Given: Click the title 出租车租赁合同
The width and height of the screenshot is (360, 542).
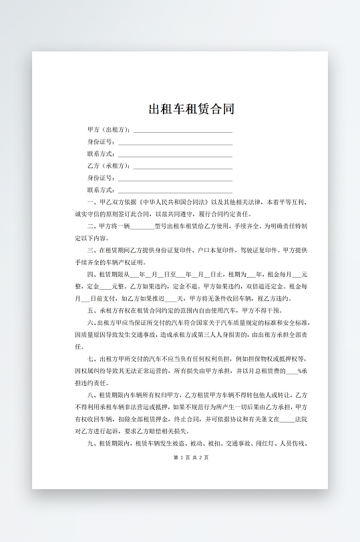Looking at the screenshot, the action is [x=191, y=109].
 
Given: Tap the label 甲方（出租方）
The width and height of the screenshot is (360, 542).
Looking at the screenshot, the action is [x=108, y=129].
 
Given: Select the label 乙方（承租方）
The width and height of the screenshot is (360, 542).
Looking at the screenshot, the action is [x=108, y=166].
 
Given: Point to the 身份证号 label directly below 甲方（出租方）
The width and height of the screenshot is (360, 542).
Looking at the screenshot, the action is [x=101, y=142].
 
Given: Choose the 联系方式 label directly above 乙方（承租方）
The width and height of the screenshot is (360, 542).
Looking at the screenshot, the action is [x=101, y=154].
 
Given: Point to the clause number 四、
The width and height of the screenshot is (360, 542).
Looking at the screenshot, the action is [x=92, y=274].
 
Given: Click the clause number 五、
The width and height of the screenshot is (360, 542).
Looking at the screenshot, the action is [x=92, y=310].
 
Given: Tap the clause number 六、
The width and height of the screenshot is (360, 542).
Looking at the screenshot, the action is [x=92, y=322].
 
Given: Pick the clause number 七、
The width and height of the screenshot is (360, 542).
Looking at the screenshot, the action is [x=92, y=358].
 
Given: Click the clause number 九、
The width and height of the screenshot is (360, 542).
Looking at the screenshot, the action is [x=92, y=443].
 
